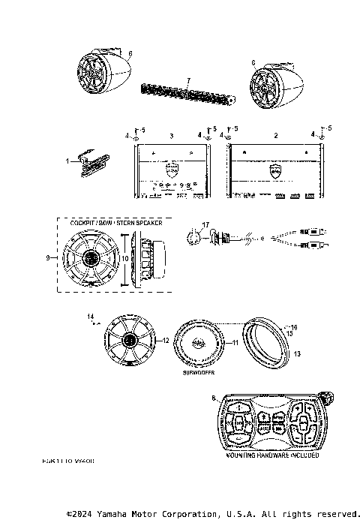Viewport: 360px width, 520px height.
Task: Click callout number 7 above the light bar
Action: tap(188, 79)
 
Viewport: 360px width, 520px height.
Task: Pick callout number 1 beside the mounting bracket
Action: tap(67, 161)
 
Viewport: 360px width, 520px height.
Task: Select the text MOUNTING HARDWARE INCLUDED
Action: tap(272, 455)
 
